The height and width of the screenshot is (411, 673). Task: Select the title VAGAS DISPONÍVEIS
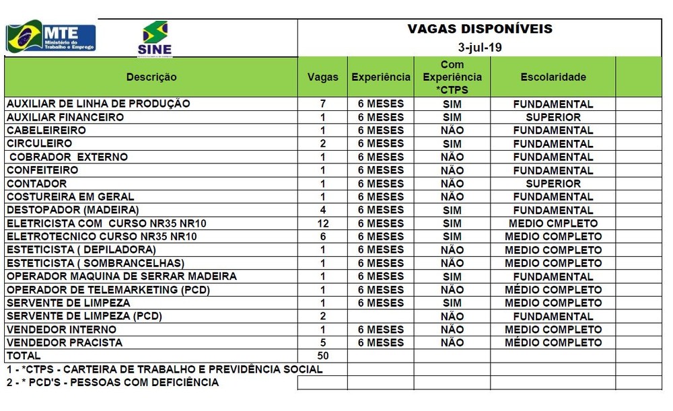(480, 29)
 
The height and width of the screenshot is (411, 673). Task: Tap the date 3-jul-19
(480, 48)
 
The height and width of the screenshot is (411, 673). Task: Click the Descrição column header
(151, 77)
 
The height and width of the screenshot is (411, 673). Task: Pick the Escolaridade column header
(553, 77)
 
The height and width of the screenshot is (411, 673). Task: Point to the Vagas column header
(323, 77)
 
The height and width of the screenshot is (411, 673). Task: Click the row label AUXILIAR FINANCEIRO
(65, 117)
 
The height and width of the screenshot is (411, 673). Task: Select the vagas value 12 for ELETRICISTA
(323, 223)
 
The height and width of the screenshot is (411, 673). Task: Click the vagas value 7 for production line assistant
(323, 104)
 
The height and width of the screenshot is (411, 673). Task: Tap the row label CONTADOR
(37, 184)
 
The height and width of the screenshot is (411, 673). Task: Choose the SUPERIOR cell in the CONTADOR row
(553, 184)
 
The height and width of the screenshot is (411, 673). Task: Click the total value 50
(323, 356)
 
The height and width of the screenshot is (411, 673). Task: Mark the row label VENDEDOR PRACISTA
(65, 342)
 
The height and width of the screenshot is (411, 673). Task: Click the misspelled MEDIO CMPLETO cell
(553, 223)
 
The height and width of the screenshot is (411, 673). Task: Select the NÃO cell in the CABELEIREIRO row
(452, 130)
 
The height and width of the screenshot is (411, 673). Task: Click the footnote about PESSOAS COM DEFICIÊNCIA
(112, 382)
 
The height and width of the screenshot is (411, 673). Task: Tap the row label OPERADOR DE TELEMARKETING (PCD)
(108, 290)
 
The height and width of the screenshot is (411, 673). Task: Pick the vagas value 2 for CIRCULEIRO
(323, 144)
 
